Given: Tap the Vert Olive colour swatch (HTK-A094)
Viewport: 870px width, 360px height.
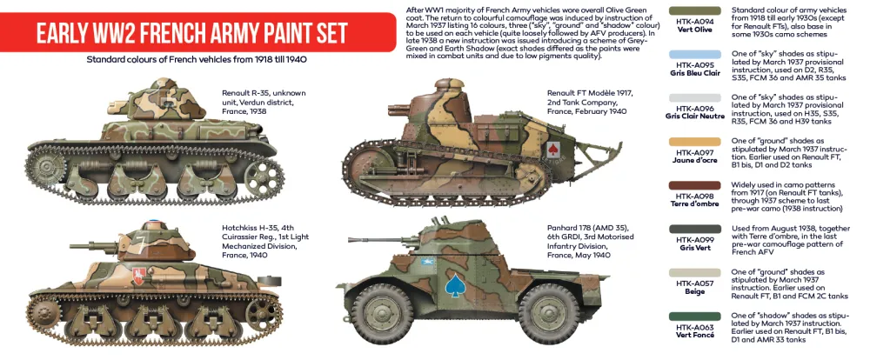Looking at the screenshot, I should click(x=693, y=10).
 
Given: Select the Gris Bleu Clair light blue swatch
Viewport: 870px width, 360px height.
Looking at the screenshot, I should click(x=693, y=53).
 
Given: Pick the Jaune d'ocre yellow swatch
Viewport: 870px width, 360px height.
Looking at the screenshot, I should click(x=693, y=141).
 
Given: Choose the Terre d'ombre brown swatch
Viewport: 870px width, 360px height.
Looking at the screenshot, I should click(x=693, y=184).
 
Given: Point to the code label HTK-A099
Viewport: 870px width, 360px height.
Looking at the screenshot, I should click(x=693, y=238).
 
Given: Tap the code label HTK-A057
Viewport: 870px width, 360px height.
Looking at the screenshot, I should click(x=693, y=283).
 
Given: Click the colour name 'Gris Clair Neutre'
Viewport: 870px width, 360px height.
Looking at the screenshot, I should click(x=693, y=117).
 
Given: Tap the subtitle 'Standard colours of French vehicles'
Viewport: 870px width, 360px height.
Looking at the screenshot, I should click(x=196, y=60).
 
